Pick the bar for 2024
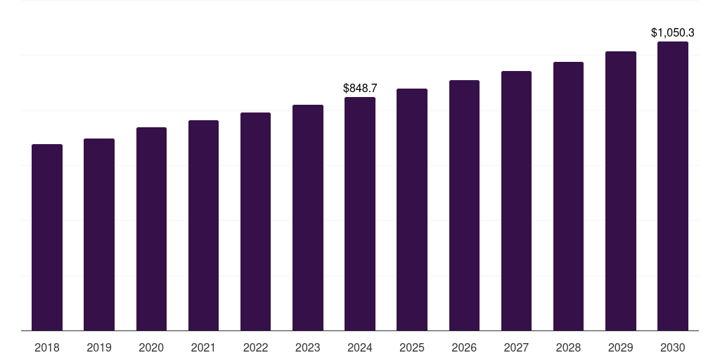click(x=360, y=214)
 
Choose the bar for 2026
click(x=464, y=205)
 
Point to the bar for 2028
click(x=568, y=196)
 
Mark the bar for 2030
click(x=672, y=186)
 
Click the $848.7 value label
click(x=360, y=88)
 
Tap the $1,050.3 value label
click(x=672, y=32)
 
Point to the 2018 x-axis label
click(x=47, y=347)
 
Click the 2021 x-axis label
click(x=203, y=347)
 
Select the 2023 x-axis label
click(x=307, y=347)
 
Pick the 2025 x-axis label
click(x=412, y=347)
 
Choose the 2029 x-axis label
click(x=620, y=347)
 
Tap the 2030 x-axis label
click(x=672, y=347)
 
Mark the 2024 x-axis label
click(x=360, y=347)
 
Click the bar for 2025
click(x=412, y=210)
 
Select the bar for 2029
click(x=620, y=191)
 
